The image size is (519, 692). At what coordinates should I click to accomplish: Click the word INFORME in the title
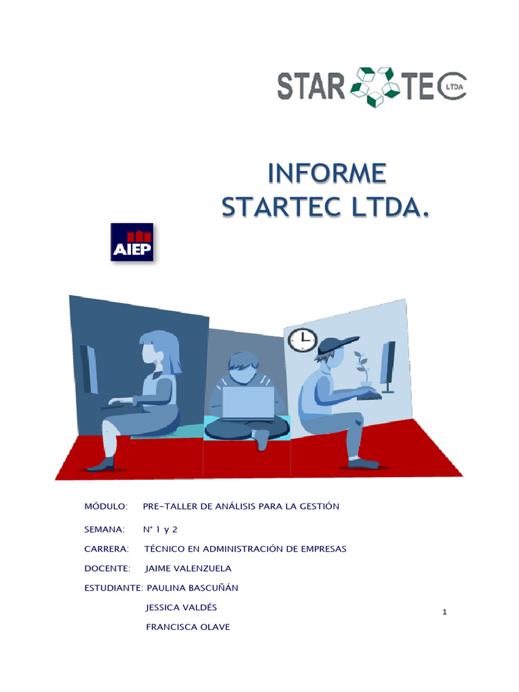pos(327,173)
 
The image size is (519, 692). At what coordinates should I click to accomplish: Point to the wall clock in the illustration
pos(302,339)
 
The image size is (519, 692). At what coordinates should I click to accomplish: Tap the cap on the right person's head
pos(337,344)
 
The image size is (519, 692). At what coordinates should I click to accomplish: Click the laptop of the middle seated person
pos(248,402)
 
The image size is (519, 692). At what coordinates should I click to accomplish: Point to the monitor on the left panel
pos(89,370)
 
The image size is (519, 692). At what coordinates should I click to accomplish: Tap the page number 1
pos(444,612)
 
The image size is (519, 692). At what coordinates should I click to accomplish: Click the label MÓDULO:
pos(106,506)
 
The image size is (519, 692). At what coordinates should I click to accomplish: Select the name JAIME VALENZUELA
pos(189,568)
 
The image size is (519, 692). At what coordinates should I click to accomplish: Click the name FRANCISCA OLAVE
pos(188,627)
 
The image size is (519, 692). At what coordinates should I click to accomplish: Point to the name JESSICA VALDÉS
pos(181,608)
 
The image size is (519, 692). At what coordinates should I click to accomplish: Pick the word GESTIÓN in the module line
pos(318,506)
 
